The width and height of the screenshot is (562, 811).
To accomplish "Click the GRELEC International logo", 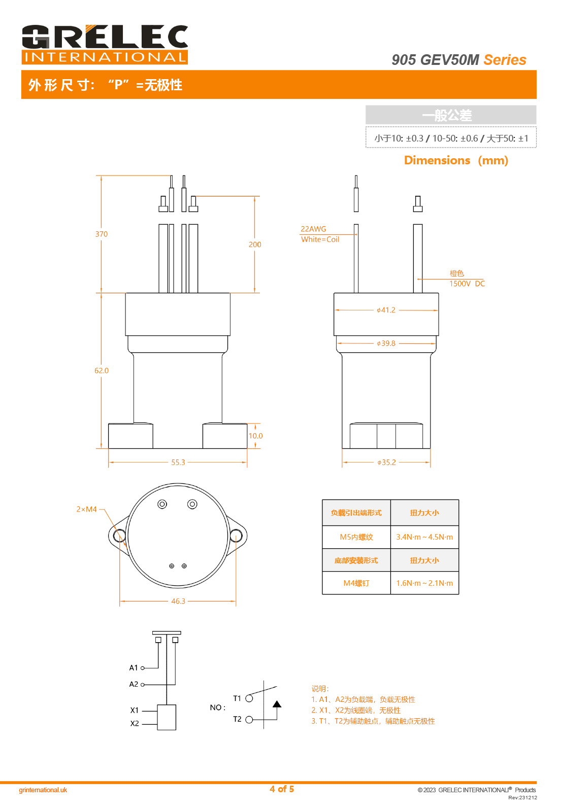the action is pyautogui.click(x=105, y=45).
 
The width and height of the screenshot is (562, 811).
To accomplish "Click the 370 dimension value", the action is pyautogui.click(x=102, y=234).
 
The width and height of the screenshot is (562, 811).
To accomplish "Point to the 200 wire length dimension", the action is pyautogui.click(x=255, y=244).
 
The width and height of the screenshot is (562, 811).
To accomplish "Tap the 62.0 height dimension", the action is pyautogui.click(x=102, y=371).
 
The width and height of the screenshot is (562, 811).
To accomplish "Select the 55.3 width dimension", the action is pyautogui.click(x=178, y=463).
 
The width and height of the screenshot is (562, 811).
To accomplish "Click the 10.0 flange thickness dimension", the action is pyautogui.click(x=256, y=436).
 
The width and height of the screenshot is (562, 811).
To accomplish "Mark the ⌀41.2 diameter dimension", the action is pyautogui.click(x=386, y=310).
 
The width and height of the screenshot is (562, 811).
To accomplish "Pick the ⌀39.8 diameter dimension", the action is pyautogui.click(x=386, y=343).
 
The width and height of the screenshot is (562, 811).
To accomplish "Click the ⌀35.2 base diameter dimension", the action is pyautogui.click(x=386, y=463).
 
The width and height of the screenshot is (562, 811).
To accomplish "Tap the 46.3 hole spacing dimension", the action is pyautogui.click(x=178, y=601).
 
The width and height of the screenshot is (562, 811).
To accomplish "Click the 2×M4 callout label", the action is pyautogui.click(x=86, y=509).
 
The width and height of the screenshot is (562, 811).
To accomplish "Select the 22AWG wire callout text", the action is pyautogui.click(x=313, y=229).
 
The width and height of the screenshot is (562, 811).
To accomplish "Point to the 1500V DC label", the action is pyautogui.click(x=467, y=284).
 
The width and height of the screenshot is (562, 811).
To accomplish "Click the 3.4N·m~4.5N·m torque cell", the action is pyautogui.click(x=424, y=537).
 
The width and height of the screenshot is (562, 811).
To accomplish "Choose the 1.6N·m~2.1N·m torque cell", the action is pyautogui.click(x=424, y=583).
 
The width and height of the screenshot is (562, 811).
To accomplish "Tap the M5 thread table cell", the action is pyautogui.click(x=356, y=537).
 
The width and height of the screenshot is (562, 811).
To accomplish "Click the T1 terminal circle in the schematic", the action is pyautogui.click(x=249, y=698).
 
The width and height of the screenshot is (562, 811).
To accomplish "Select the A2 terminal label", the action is pyautogui.click(x=134, y=684).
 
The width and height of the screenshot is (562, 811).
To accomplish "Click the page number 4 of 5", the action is pyautogui.click(x=282, y=789).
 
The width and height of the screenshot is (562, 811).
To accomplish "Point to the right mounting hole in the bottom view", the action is pyautogui.click(x=236, y=536).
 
